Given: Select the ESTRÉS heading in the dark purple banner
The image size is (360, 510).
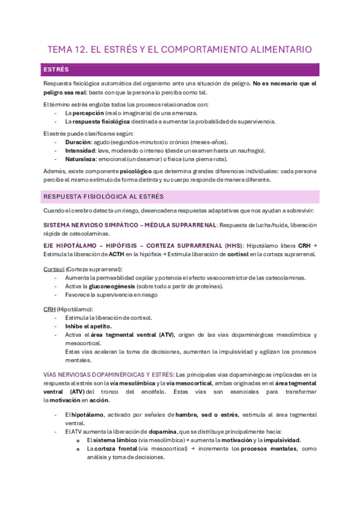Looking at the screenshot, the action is [56, 70].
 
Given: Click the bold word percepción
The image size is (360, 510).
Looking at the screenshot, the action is [88, 112].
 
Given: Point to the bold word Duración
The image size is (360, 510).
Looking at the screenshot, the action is [78, 141].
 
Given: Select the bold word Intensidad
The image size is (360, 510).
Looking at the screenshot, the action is [81, 150].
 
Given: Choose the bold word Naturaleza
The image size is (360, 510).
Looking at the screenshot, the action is [82, 159].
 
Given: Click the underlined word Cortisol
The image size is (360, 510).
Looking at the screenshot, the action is [53, 269].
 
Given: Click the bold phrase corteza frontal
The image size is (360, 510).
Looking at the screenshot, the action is [115, 449].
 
